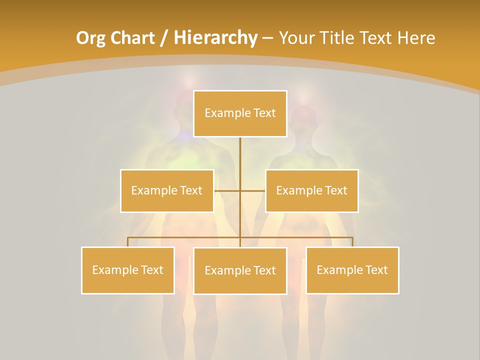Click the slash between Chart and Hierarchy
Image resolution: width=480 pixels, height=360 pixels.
[x=163, y=38]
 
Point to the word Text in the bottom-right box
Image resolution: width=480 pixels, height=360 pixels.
[x=376, y=270]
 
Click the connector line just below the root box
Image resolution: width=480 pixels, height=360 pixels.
[x=240, y=150]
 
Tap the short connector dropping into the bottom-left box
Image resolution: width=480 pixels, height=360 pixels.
[x=128, y=242]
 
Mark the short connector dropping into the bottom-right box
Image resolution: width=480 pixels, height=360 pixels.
[x=352, y=242]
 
